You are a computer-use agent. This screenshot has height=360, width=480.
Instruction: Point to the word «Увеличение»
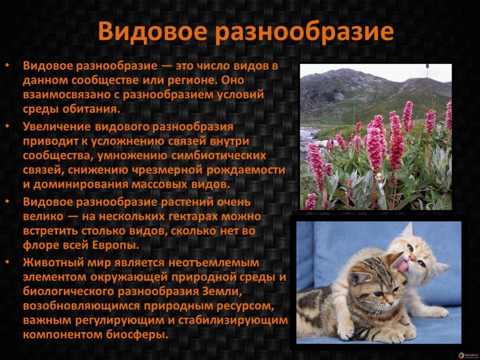pyautogui.click(x=57, y=127)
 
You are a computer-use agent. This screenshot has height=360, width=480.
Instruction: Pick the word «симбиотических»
pyautogui.click(x=218, y=155)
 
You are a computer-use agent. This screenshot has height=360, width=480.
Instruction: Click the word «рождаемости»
pyautogui.click(x=246, y=170)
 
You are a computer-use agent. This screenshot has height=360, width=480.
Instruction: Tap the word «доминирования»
pyautogui.click(x=81, y=184)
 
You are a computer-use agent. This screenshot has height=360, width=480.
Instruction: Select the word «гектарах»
pyautogui.click(x=193, y=217)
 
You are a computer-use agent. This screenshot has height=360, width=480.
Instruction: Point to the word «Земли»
pyautogui.click(x=222, y=291)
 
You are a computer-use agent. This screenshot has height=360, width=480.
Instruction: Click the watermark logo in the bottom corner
pyautogui.click(x=462, y=355)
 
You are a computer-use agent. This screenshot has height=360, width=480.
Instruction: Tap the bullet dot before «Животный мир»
pyautogui.click(x=7, y=262)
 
